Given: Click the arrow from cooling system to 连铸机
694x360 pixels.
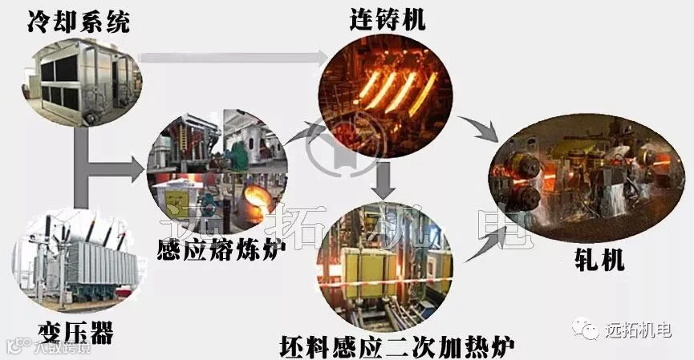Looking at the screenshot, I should (233, 57).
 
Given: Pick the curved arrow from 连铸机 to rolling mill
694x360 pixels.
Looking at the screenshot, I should (481, 128).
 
